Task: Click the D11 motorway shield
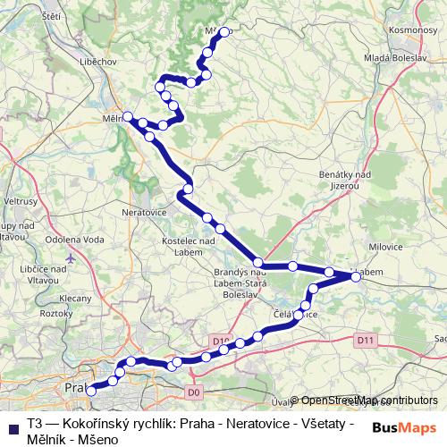(364, 340)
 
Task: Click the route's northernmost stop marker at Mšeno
(224, 32)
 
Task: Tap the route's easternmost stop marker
(356, 277)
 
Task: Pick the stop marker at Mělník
(129, 116)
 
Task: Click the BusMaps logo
(404, 427)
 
